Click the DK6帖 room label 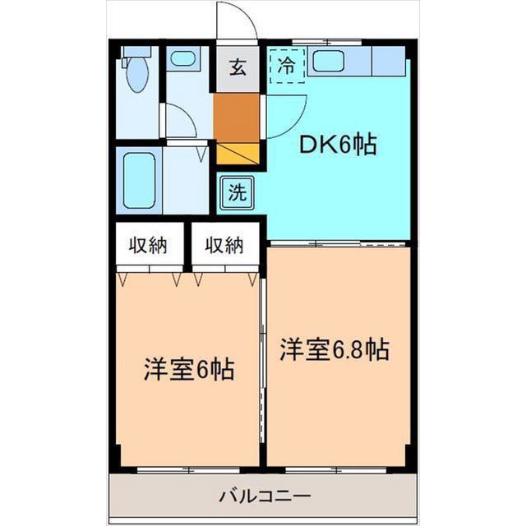click(x=337, y=145)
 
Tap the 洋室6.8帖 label click(x=333, y=349)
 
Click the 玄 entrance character click(x=237, y=68)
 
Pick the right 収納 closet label click(x=224, y=244)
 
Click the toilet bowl click(x=137, y=83)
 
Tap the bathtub click(x=136, y=179)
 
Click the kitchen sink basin click(x=333, y=61)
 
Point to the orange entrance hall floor click(x=236, y=117)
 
